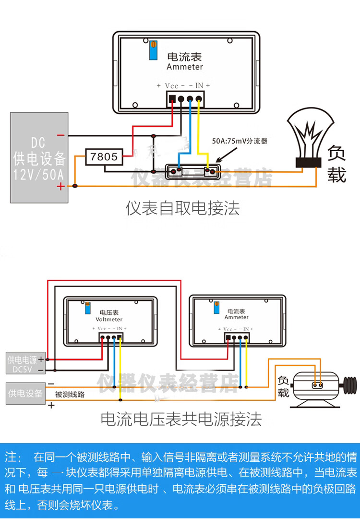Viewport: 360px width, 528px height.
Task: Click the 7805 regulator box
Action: pyautogui.click(x=104, y=157)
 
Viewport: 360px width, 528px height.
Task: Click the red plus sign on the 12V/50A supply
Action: pyautogui.click(x=60, y=187)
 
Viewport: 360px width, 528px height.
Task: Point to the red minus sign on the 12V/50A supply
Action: pyautogui.click(x=60, y=136)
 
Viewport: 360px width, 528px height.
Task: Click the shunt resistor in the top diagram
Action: pyautogui.click(x=192, y=171)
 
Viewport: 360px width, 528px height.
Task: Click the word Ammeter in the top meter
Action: pyautogui.click(x=185, y=67)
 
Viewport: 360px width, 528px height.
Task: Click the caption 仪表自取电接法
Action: pyautogui.click(x=182, y=208)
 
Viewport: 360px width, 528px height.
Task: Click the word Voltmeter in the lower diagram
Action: pyautogui.click(x=109, y=319)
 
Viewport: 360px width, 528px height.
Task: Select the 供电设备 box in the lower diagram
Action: pyautogui.click(x=25, y=394)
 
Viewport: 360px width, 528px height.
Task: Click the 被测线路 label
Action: pyautogui.click(x=70, y=395)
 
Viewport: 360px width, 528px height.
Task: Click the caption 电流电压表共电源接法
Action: pyautogui.click(x=181, y=420)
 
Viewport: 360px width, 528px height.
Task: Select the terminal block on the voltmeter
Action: pyautogui.click(x=111, y=337)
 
